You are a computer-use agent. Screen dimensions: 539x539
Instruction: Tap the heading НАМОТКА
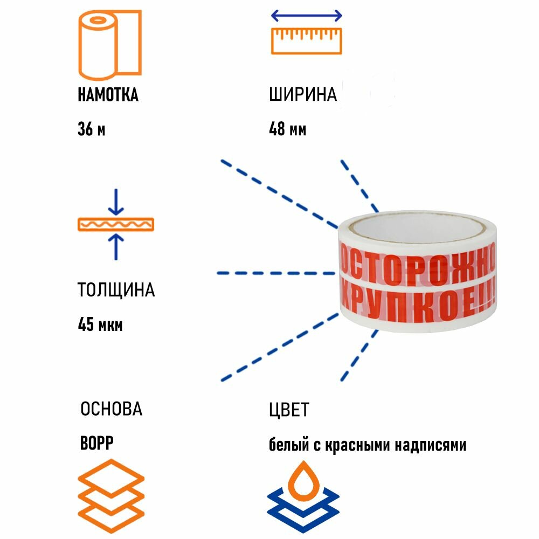pos(108,95)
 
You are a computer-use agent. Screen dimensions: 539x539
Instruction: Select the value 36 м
pos(91,130)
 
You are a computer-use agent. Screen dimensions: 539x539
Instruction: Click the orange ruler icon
pos(306,41)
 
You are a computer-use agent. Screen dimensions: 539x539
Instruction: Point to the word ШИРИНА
pos(303,95)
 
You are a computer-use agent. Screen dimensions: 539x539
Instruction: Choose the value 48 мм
pos(287,130)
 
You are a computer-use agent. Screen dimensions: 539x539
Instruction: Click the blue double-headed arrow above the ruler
pos(306,15)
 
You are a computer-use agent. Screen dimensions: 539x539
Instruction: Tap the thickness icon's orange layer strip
pos(116,224)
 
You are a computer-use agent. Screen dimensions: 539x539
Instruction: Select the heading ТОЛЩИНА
pos(116,290)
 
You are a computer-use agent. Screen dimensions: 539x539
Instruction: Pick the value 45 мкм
pos(100,325)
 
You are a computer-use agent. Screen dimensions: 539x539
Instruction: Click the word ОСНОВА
pos(111,409)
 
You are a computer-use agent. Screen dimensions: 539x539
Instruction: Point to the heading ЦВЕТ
pos(289,410)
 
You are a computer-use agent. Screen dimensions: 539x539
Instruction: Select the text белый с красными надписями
pos(368,445)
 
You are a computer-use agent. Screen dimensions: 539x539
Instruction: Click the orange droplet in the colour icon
pos(303,474)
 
